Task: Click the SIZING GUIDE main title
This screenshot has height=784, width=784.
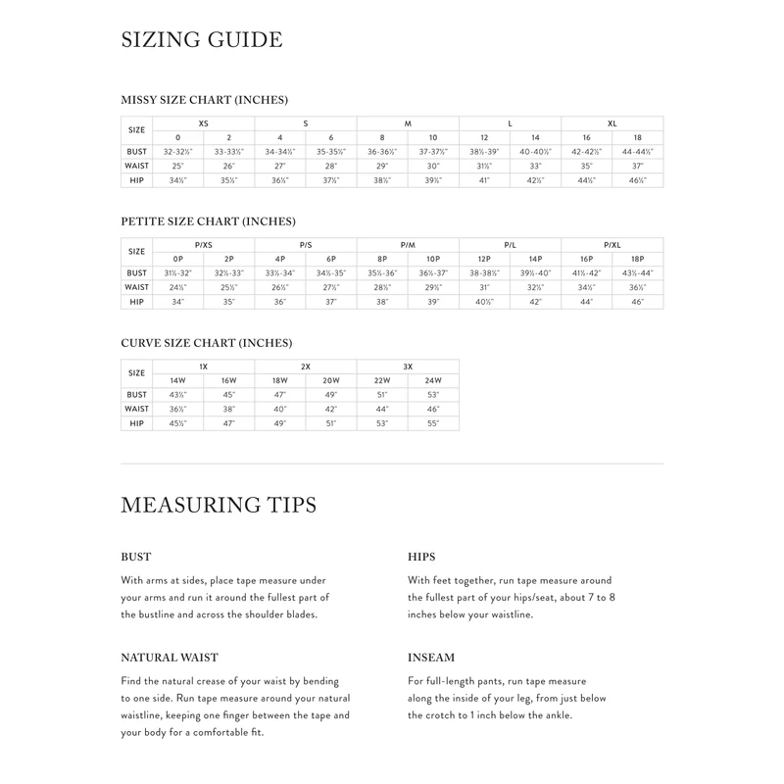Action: pos(201,40)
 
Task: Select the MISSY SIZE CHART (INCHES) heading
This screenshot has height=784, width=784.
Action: pos(204,100)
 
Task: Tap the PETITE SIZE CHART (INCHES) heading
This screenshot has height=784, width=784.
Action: pos(208,221)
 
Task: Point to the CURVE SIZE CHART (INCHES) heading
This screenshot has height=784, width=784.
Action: pos(206,343)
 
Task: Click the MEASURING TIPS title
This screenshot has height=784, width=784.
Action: pos(219,506)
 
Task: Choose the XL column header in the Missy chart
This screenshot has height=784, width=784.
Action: pos(612,123)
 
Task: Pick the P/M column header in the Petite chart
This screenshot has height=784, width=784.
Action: pos(408,245)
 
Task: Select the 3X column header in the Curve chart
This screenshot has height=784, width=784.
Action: pos(408,367)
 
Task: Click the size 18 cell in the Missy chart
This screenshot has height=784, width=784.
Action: pos(638,137)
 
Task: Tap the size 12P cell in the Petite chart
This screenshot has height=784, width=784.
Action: pos(484,259)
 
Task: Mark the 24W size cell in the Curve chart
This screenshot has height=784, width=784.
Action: pos(433,380)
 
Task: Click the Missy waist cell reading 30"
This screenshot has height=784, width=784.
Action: pos(433,167)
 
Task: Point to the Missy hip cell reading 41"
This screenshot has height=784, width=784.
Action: pos(484,181)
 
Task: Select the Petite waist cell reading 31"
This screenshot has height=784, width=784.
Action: pos(484,288)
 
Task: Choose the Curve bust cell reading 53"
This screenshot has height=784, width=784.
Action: pos(433,395)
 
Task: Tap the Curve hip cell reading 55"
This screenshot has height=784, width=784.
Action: pos(433,423)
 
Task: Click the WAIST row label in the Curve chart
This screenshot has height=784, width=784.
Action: pos(137,409)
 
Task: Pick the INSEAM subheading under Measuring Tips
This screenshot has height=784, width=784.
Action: pos(431,658)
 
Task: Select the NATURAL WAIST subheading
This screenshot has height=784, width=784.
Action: pos(170,658)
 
